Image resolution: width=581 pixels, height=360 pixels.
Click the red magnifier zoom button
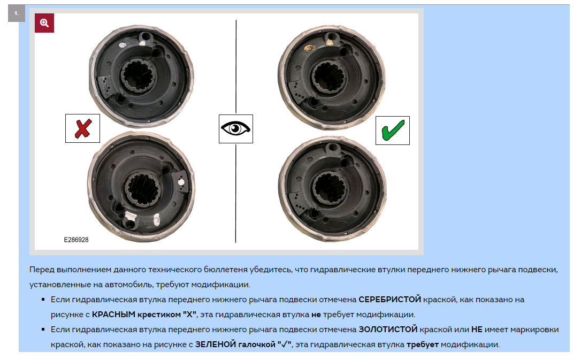point(44,23)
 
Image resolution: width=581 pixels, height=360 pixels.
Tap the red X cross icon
point(82,128)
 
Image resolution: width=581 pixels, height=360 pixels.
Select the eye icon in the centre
point(235,129)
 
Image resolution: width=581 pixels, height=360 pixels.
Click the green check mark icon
point(393,131)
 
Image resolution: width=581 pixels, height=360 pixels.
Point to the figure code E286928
point(77,240)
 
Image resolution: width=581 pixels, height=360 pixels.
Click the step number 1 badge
point(16,13)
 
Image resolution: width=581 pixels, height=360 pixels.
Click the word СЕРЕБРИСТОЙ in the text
point(390,299)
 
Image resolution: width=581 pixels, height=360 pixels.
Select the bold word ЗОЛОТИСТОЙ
point(388,330)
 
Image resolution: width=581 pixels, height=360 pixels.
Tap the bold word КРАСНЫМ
point(113,315)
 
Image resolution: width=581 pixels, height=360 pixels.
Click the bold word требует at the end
point(423,344)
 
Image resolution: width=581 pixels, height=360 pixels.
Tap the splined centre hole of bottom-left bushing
point(142,188)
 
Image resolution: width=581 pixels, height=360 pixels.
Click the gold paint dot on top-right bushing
point(308,48)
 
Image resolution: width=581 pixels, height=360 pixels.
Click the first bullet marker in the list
point(43,300)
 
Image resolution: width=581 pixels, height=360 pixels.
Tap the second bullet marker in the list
point(43,330)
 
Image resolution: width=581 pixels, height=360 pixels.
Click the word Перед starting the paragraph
point(42,270)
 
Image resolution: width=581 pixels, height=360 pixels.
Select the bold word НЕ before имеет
point(477,330)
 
